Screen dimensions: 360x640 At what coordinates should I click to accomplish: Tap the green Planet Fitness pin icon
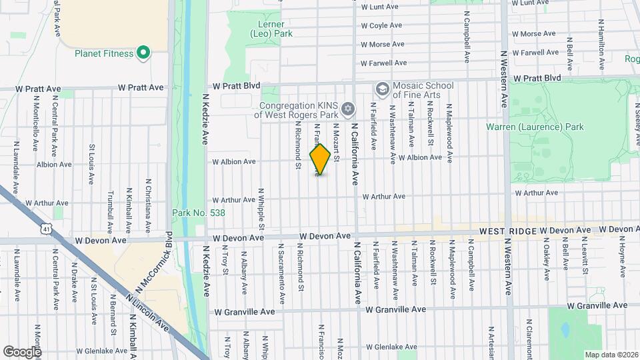point(143,53)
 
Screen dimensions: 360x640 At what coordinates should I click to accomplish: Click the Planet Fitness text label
point(104,53)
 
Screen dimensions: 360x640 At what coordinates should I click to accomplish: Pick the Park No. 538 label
point(199,213)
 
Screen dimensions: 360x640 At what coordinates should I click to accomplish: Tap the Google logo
point(21,351)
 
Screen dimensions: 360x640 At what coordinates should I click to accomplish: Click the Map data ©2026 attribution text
point(611,354)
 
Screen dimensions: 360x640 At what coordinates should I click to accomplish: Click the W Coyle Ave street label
point(381,25)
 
